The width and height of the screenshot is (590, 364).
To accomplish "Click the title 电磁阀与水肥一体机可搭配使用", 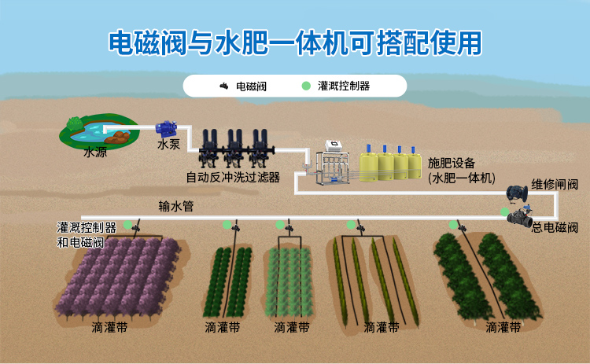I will point(294,43).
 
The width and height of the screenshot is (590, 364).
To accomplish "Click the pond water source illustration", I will point(97,131).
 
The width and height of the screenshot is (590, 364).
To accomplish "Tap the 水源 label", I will point(95,153).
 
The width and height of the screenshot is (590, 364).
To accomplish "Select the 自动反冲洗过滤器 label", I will point(233,177).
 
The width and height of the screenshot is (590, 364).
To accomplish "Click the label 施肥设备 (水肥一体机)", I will point(463,171).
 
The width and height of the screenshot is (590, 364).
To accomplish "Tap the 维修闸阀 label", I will point(555,186).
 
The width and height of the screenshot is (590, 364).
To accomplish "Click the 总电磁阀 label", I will point(555,228).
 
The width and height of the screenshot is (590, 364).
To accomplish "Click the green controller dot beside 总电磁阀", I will point(505,211).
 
